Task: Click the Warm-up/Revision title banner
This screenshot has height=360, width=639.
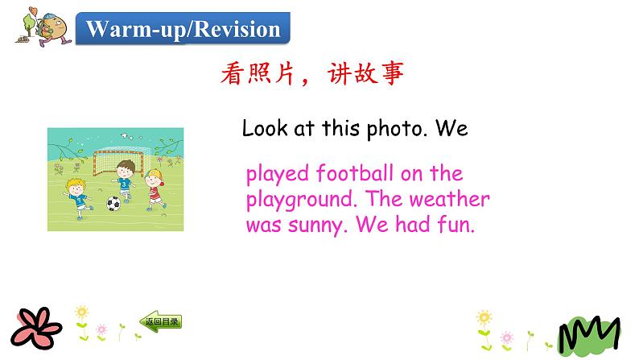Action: coord(183,31)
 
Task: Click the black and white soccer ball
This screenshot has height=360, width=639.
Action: coord(114,204)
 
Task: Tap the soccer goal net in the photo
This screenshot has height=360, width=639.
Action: coord(120,160)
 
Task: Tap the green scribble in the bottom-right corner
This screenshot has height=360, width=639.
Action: coord(589,333)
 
